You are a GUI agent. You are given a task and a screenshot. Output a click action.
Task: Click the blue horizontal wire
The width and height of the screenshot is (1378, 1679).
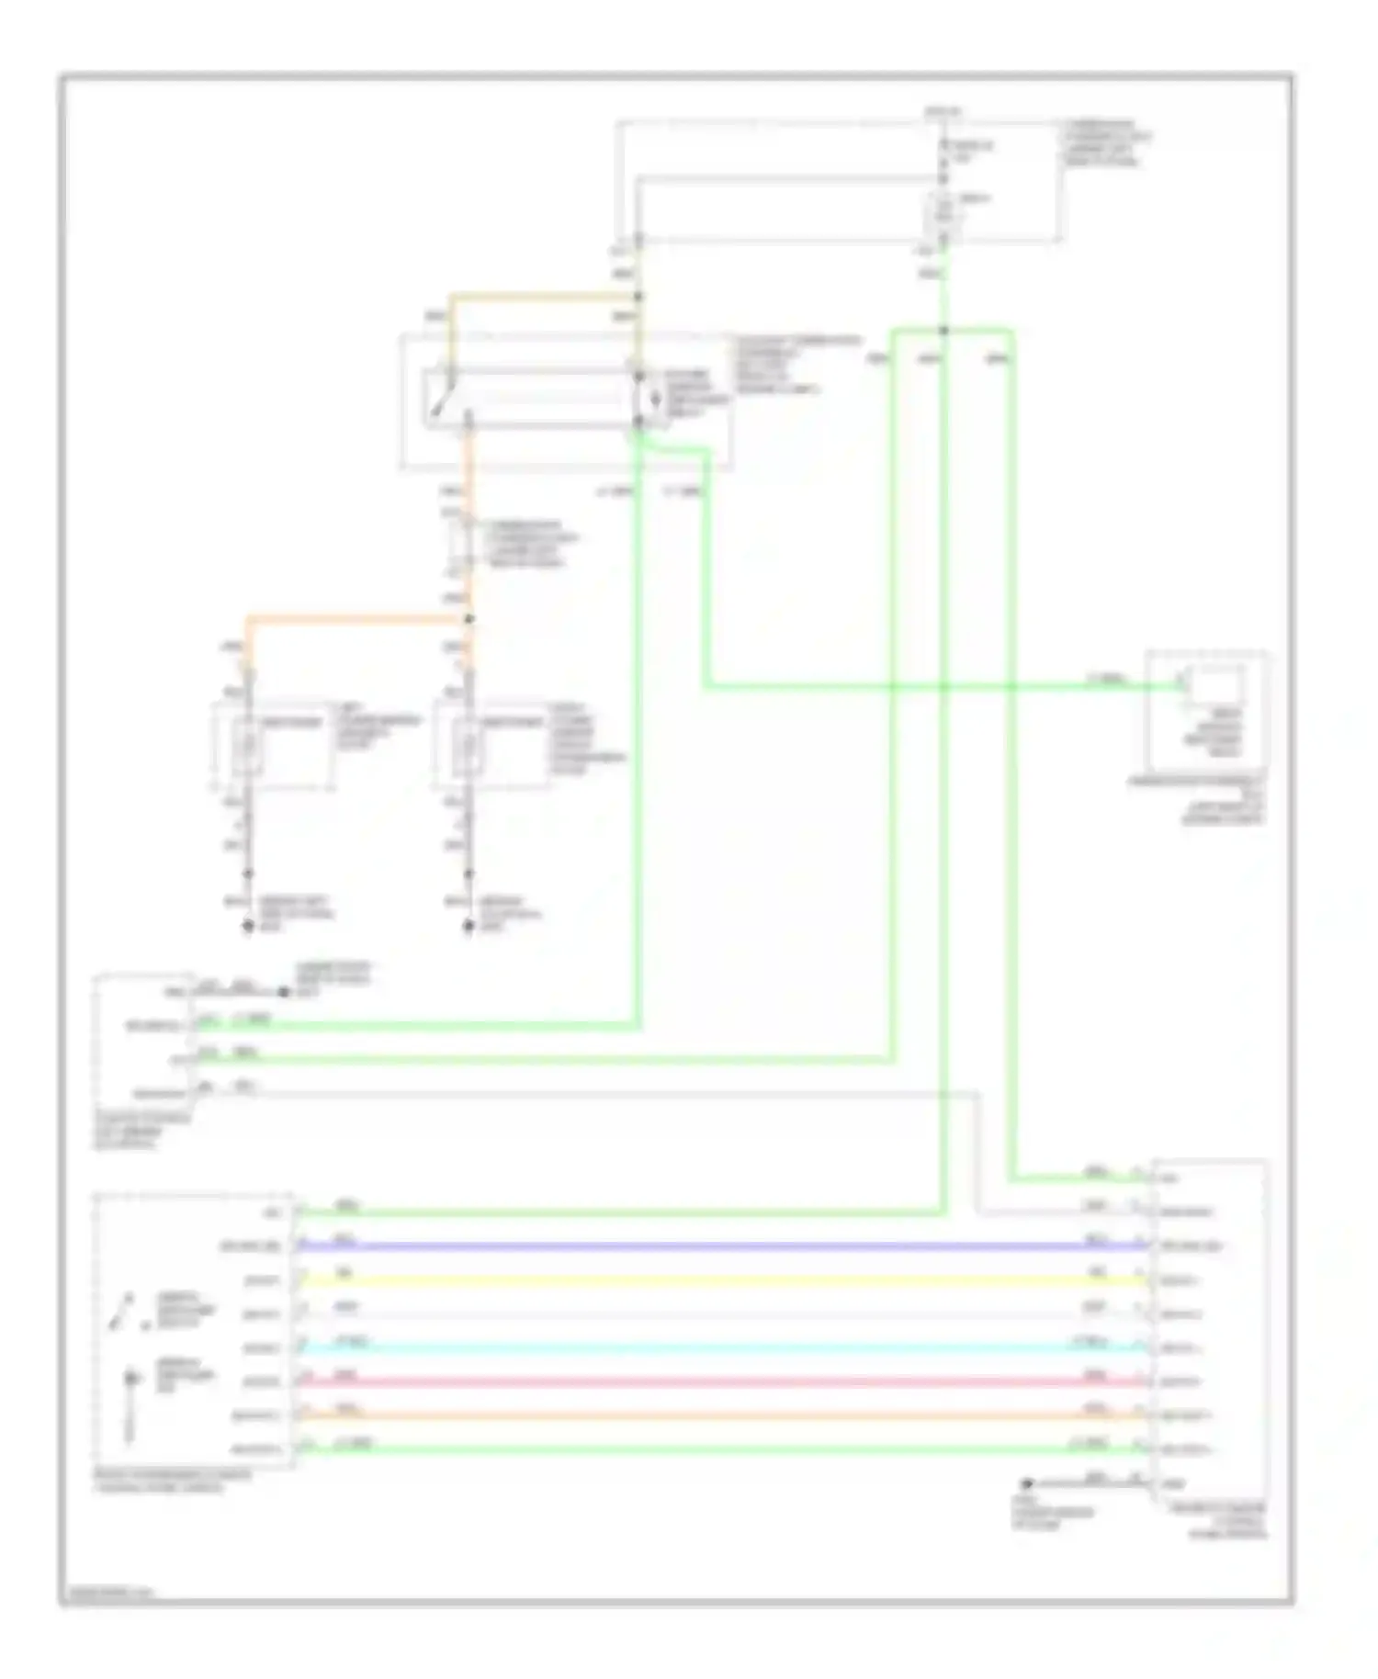tap(717, 1246)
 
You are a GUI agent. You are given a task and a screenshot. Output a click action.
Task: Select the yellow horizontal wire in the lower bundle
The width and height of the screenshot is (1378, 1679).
tap(717, 1280)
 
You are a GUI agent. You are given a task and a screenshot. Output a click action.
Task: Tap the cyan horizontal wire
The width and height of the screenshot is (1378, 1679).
tap(717, 1347)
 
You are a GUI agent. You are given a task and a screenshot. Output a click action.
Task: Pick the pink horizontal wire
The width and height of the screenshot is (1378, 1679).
tap(717, 1381)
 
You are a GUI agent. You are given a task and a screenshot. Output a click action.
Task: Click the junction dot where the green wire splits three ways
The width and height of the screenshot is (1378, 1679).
tap(943, 331)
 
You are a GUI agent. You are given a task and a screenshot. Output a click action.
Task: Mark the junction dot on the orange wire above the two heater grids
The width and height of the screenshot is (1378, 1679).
tap(469, 620)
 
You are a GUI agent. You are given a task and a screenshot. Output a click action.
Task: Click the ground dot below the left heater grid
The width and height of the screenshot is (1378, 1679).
tap(247, 927)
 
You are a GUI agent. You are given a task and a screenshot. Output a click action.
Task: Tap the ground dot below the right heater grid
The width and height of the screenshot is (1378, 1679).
tap(469, 927)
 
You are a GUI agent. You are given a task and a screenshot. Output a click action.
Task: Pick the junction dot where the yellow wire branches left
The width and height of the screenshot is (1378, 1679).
tap(638, 297)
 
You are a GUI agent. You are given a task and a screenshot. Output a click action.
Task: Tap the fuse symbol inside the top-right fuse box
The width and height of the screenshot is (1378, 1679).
tap(943, 212)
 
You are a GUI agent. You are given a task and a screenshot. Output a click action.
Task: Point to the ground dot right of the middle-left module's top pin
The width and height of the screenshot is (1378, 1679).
tap(283, 993)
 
